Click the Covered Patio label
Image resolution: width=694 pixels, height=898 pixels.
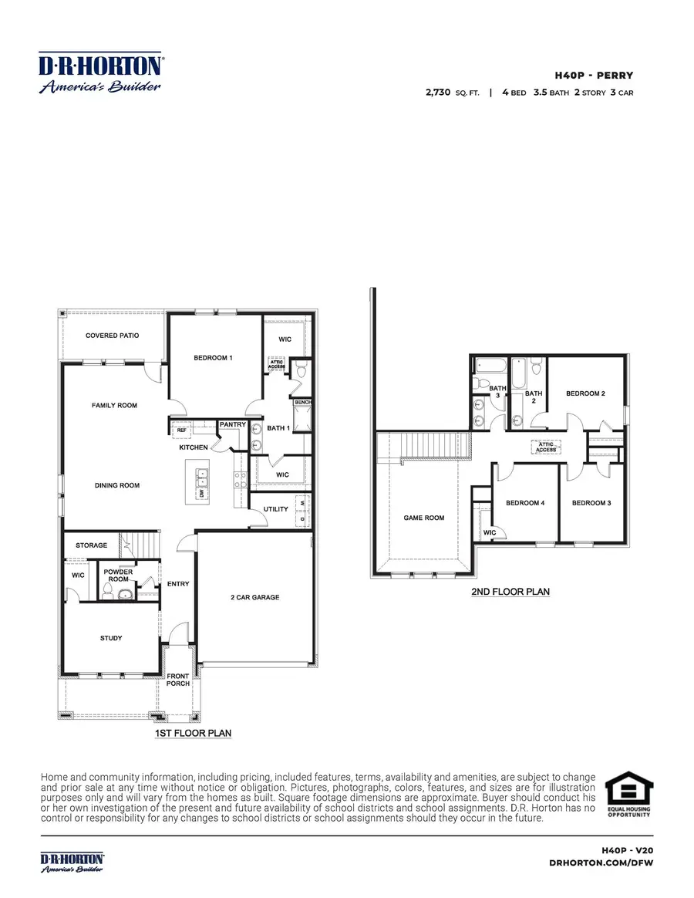pyautogui.click(x=113, y=336)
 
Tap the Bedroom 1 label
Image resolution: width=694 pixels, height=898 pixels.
pyautogui.click(x=213, y=358)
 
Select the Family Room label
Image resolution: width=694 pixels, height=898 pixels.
pyautogui.click(x=114, y=405)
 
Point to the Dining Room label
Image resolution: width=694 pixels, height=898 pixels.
pyautogui.click(x=117, y=485)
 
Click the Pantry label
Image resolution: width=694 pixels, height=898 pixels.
pyautogui.click(x=232, y=424)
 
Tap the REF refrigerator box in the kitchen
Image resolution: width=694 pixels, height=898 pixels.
pyautogui.click(x=182, y=430)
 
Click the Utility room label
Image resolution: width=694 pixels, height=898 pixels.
pyautogui.click(x=275, y=510)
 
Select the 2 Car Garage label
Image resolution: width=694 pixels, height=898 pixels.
pyautogui.click(x=254, y=597)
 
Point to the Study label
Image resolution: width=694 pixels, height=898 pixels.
pyautogui.click(x=111, y=638)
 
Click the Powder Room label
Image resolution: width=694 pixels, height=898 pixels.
pyautogui.click(x=119, y=576)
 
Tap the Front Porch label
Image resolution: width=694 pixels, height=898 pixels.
pyautogui.click(x=178, y=680)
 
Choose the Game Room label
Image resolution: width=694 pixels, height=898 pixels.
pyautogui.click(x=424, y=518)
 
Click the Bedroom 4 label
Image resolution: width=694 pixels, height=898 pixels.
pyautogui.click(x=525, y=503)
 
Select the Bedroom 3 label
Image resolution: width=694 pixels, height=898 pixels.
pyautogui.click(x=591, y=503)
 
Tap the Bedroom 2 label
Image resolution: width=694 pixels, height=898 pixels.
pyautogui.click(x=585, y=393)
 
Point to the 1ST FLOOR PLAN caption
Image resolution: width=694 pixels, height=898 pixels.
pyautogui.click(x=194, y=732)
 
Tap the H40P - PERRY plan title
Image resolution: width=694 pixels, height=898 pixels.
pyautogui.click(x=594, y=76)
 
